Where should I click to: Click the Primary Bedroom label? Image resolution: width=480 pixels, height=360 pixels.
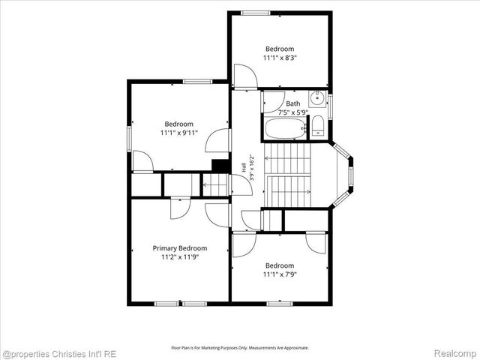(180, 248)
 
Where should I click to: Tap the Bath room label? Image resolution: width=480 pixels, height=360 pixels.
(293, 103)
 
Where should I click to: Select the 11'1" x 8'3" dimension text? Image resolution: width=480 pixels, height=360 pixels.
(280, 58)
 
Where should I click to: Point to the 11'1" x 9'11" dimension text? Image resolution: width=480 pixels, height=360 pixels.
(179, 133)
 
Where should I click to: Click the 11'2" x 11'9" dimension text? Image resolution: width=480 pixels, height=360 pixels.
(180, 256)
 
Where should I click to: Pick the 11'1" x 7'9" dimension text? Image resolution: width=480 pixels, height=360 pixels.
(280, 274)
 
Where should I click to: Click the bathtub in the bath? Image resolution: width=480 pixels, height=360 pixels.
(286, 128)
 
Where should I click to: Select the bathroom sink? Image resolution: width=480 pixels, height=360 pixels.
(317, 98)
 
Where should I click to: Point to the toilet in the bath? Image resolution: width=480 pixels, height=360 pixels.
(318, 126)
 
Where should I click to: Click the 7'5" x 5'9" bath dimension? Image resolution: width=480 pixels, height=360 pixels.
(293, 112)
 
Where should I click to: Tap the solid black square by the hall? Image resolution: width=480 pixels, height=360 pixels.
(220, 166)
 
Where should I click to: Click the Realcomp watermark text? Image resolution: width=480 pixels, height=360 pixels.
(455, 353)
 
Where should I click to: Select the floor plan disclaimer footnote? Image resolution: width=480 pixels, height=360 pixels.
(240, 348)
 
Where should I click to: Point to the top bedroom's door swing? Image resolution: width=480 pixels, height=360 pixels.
(245, 76)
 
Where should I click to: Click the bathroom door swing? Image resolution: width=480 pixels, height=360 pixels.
(274, 102)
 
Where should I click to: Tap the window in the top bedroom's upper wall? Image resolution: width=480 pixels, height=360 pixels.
(255, 13)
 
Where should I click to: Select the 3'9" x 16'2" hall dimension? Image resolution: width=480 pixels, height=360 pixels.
(252, 168)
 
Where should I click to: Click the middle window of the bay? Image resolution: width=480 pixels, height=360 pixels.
(351, 178)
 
